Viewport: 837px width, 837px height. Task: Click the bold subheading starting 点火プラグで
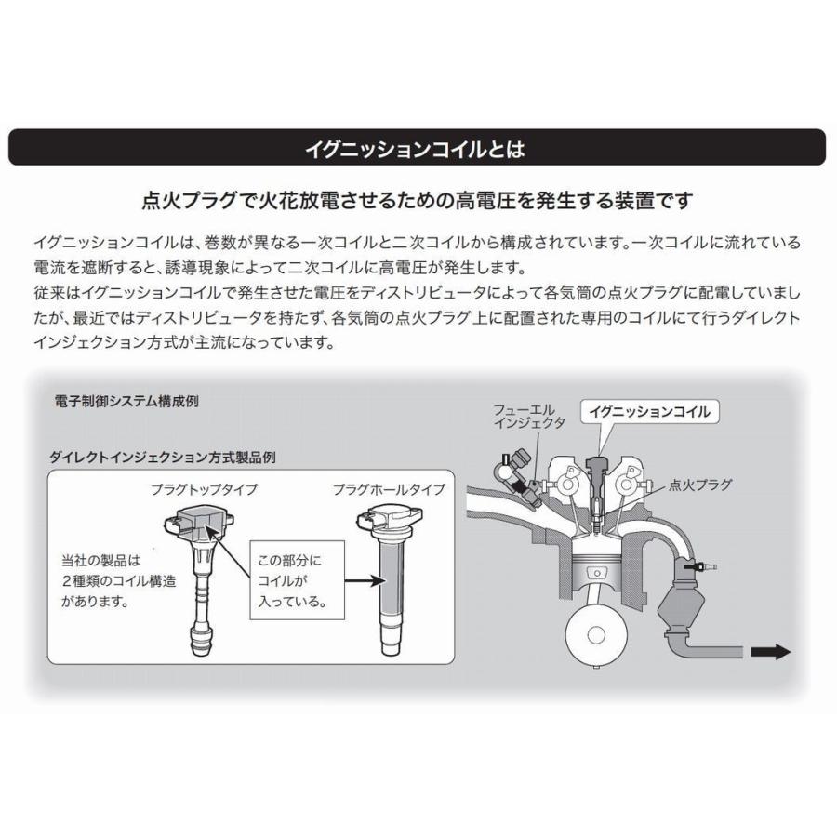(x=417, y=200)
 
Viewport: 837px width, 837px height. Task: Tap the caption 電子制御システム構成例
(x=126, y=403)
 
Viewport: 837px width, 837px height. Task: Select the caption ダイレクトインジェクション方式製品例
(x=162, y=458)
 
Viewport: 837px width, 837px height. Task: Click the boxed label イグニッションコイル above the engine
(x=650, y=411)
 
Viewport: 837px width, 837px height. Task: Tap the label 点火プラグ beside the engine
(x=700, y=485)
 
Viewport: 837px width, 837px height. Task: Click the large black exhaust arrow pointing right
(x=769, y=653)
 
